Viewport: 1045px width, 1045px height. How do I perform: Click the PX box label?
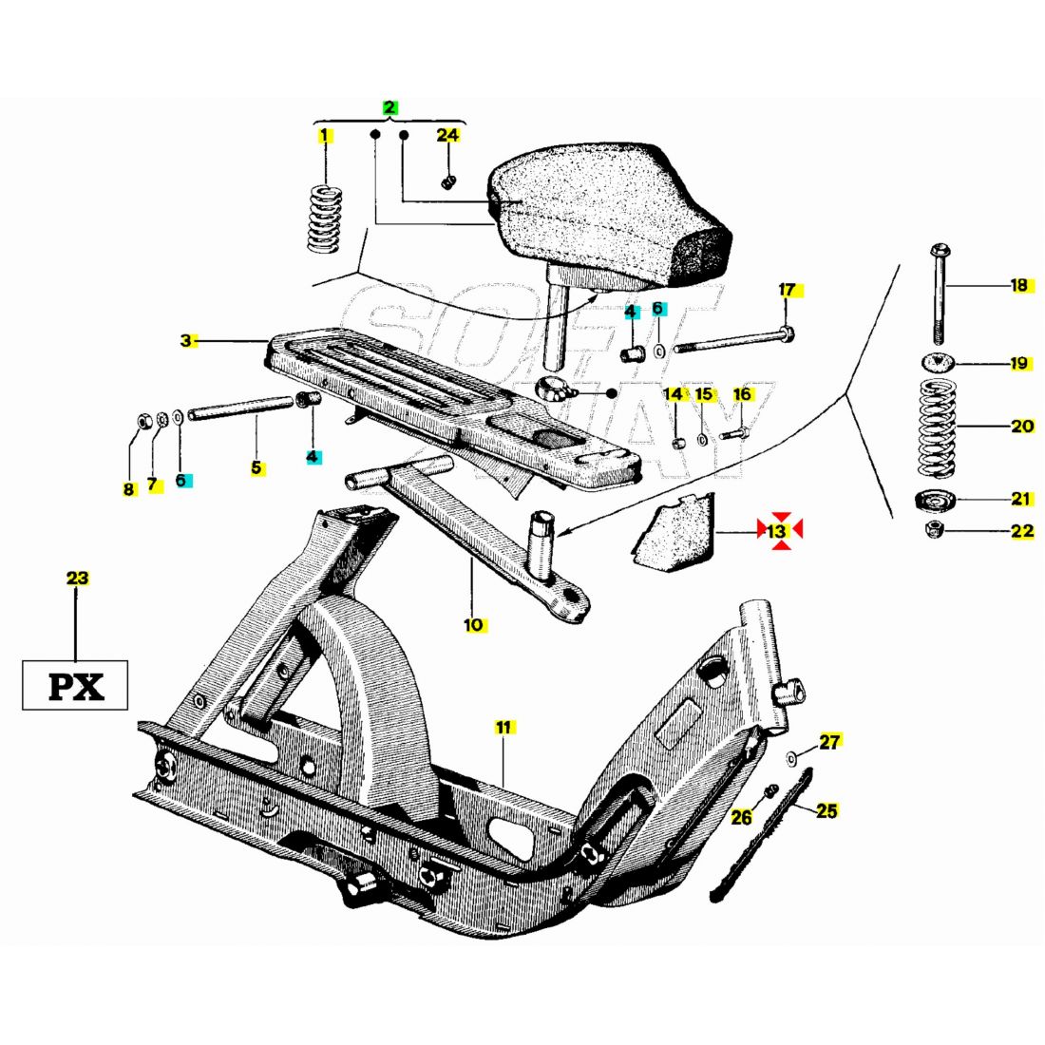(x=75, y=685)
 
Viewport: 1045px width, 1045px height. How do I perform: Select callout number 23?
(x=77, y=578)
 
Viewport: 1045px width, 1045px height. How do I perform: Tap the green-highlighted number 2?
(x=389, y=107)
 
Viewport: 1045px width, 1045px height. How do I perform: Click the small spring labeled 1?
(x=326, y=218)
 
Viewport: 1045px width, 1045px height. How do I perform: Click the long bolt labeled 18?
(x=938, y=294)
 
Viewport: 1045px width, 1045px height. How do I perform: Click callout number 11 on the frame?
(x=503, y=727)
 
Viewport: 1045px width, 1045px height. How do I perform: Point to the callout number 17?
(x=787, y=290)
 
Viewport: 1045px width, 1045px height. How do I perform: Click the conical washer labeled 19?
(x=938, y=362)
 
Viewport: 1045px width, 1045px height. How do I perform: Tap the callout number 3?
(x=186, y=340)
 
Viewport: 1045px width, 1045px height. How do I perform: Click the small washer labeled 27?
(x=791, y=757)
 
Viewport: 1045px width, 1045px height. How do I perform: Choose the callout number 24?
(x=447, y=136)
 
